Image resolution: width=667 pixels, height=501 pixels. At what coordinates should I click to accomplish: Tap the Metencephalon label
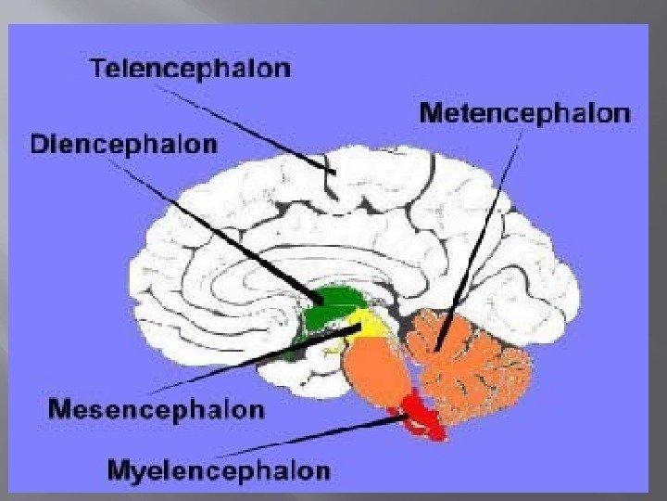524,114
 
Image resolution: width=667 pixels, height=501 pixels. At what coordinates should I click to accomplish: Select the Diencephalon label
124,145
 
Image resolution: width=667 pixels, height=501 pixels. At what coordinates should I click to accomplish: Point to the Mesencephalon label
156,408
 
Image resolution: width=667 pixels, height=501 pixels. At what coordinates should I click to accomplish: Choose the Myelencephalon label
219,470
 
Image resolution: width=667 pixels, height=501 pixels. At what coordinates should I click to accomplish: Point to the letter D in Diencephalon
40,145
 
